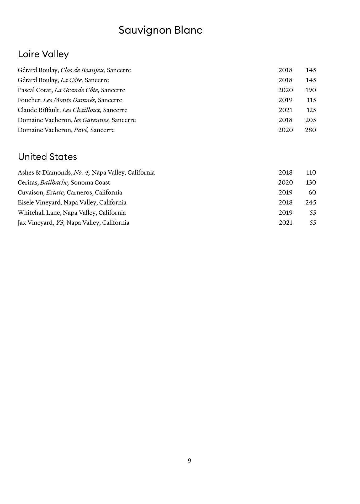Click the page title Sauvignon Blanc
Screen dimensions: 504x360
coord(160,30)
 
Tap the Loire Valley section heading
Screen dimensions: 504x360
coord(43,54)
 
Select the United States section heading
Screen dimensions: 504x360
coord(47,157)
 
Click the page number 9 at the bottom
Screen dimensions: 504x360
coord(189,460)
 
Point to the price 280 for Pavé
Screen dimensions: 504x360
coord(310,130)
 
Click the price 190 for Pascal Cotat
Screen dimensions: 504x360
coord(311,90)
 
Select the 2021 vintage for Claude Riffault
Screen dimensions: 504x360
coord(285,110)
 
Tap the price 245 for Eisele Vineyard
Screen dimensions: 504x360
coord(311,202)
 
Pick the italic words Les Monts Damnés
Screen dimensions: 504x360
coord(70,100)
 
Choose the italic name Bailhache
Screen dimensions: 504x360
coord(54,182)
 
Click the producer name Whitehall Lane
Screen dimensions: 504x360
coord(39,213)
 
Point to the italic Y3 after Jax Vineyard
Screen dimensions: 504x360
coord(60,223)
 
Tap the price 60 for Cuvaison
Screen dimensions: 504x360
coord(312,192)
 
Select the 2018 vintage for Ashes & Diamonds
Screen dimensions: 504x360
coord(285,172)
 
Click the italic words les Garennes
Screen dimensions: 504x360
coord(92,120)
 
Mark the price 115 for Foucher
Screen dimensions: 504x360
coord(311,100)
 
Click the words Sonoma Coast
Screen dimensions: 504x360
coord(90,182)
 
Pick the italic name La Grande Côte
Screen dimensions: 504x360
coord(77,90)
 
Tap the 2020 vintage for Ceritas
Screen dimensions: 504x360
coord(285,182)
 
